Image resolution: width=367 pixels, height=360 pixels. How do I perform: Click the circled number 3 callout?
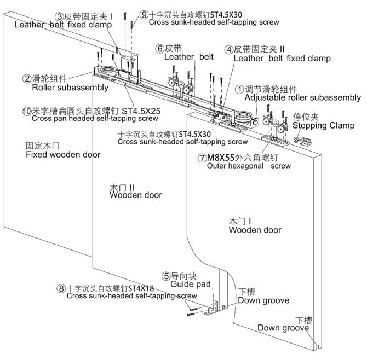pos(60,16)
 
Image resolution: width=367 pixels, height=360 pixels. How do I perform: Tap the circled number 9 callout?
pos(144,15)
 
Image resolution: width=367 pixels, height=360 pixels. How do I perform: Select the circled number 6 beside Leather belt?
pos(159,49)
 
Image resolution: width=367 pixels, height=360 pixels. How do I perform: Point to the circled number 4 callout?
pos(228,49)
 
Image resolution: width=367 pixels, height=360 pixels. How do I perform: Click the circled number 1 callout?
pos(239,90)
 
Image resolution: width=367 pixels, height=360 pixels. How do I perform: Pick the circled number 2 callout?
pos(27,79)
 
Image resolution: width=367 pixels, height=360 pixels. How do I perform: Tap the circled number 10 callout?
pos(27,111)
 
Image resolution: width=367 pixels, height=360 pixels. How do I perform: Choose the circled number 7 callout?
pos(202,158)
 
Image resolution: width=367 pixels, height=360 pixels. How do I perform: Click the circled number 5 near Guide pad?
pos(166,276)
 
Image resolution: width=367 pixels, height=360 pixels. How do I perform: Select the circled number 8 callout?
pos(61,288)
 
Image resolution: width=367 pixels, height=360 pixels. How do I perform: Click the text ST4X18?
pos(141,288)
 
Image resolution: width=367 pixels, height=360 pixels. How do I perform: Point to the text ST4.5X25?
pos(141,111)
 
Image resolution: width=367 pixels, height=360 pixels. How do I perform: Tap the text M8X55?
pos(221,158)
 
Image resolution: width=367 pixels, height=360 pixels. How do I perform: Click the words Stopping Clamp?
pos(323,125)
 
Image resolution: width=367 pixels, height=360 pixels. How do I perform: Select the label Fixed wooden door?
pos(63,154)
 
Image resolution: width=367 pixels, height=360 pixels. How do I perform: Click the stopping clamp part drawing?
pos(302,141)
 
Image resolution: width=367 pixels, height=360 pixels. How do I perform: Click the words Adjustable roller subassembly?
pos(302,98)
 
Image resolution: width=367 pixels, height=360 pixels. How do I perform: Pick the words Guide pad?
pos(191,284)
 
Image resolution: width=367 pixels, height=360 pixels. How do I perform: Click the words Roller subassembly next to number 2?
pos(70,88)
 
